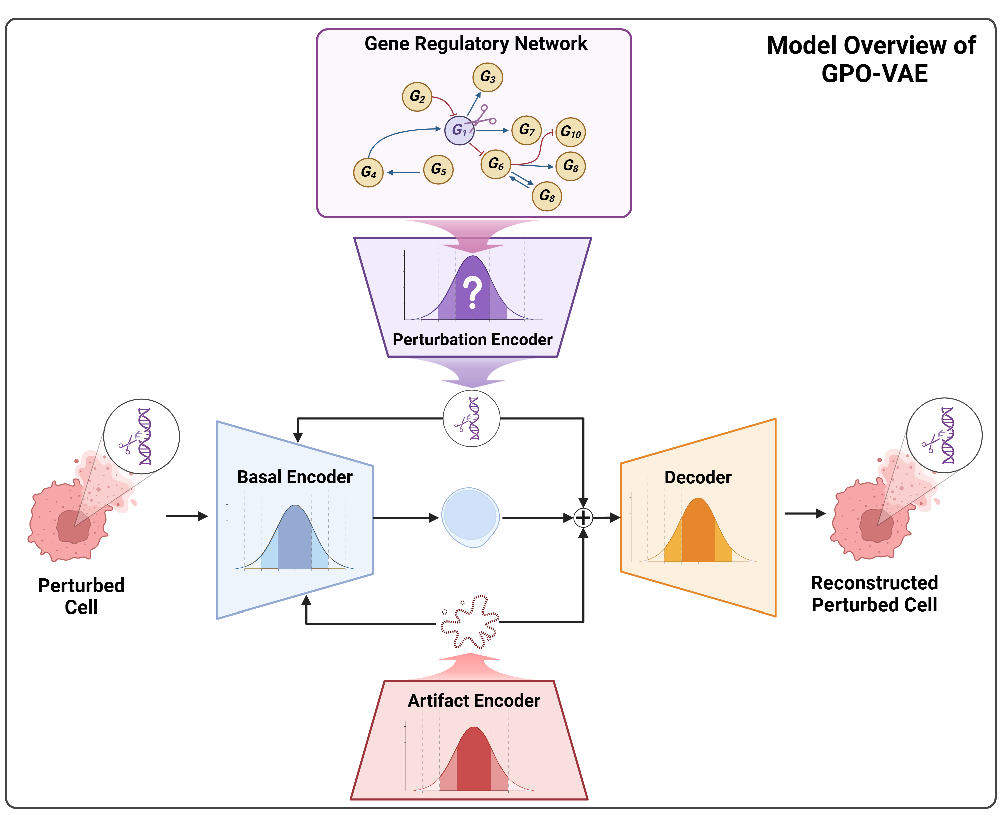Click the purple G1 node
(x=459, y=130)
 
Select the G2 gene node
(x=417, y=97)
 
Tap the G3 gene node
(x=487, y=77)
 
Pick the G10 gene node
(x=570, y=132)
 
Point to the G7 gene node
(x=526, y=130)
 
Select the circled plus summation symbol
(x=583, y=518)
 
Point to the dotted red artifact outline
(x=470, y=622)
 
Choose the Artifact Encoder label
(x=473, y=700)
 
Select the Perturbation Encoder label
(x=472, y=339)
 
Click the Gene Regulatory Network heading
(x=475, y=44)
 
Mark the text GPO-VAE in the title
(x=874, y=74)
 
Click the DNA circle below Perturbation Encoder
(x=471, y=418)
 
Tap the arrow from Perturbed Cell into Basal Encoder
(x=187, y=516)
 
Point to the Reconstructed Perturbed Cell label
(x=874, y=594)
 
